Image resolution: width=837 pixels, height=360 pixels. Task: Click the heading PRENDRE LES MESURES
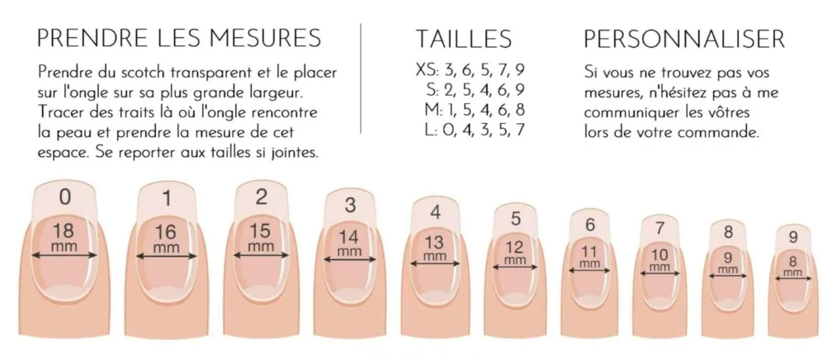coord(179,39)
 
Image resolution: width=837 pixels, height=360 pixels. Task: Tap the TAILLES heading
coord(463,39)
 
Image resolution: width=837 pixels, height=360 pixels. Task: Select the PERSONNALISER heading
coord(683,39)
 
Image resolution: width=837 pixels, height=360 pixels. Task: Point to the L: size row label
coord(434,130)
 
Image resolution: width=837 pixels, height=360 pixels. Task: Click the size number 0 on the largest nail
coord(64,197)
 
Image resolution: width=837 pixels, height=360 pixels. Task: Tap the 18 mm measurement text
coord(64,237)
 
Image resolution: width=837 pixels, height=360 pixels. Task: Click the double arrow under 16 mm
coord(166,257)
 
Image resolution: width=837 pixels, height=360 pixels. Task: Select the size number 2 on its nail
coord(261,197)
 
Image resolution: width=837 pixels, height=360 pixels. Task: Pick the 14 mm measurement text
coord(349,242)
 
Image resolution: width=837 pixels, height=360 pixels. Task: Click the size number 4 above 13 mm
coord(436,212)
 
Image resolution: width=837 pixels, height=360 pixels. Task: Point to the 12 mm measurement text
coord(515,252)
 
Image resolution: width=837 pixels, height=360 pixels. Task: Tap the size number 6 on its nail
coord(590,225)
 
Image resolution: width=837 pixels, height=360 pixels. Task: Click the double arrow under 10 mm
coord(660,273)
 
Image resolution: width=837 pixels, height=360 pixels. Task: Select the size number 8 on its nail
coord(729,232)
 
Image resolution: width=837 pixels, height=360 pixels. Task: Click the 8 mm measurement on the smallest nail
coord(792,267)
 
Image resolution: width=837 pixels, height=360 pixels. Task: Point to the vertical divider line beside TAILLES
coord(362,78)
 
